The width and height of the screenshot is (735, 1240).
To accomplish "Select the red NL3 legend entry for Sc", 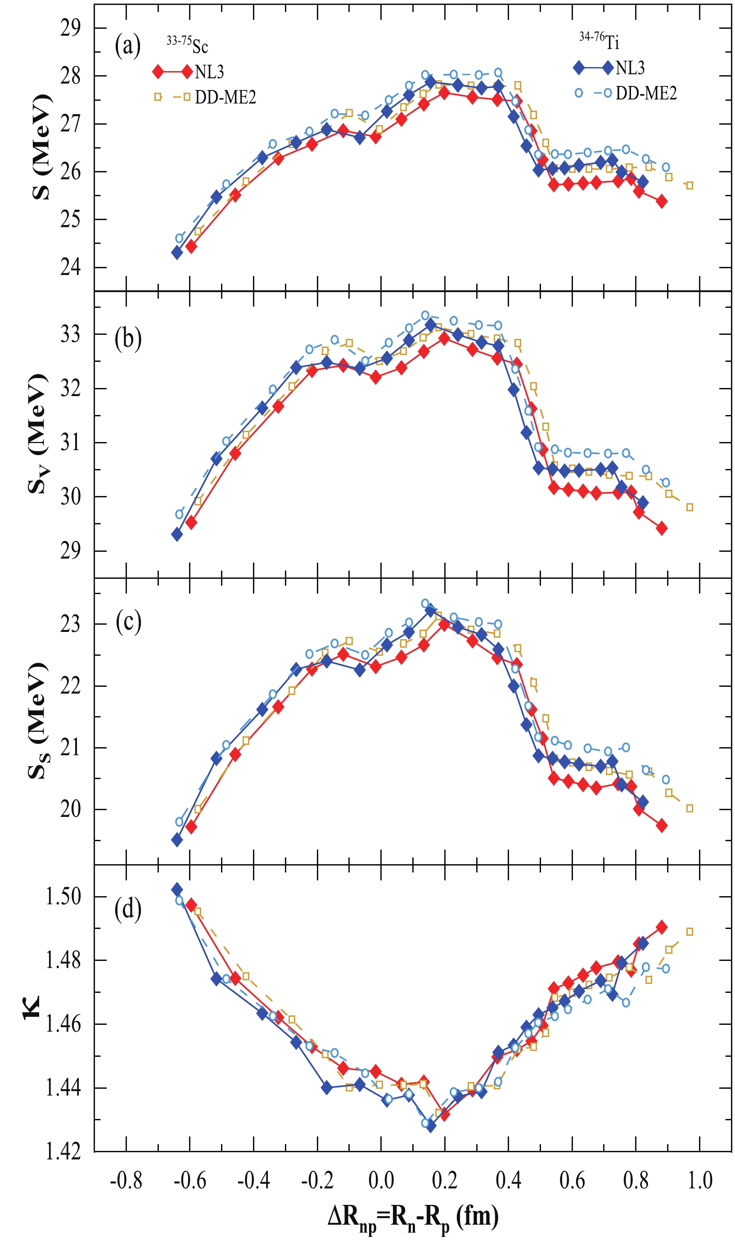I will pos(188,72).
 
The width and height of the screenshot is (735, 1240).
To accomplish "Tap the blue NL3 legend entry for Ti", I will pos(609,68).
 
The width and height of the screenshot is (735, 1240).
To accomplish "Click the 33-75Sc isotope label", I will pos(187,45).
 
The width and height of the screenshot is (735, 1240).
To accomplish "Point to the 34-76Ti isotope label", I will pos(599,41).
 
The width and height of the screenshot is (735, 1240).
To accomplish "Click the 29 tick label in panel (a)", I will pos(70,28).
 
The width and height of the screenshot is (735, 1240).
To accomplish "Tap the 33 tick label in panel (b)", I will pos(70,335).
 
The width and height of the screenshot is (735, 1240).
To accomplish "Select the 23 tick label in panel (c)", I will pos(70,624).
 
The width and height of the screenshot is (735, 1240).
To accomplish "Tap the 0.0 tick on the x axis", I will pos(381,1181).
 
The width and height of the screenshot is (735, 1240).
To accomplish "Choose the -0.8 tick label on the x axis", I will pos(126,1181).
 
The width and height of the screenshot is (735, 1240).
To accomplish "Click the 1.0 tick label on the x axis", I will pos(700,1181).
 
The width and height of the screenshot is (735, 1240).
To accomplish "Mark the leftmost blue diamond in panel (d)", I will pos(177,890).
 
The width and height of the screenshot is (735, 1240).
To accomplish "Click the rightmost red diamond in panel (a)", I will pos(661,202).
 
